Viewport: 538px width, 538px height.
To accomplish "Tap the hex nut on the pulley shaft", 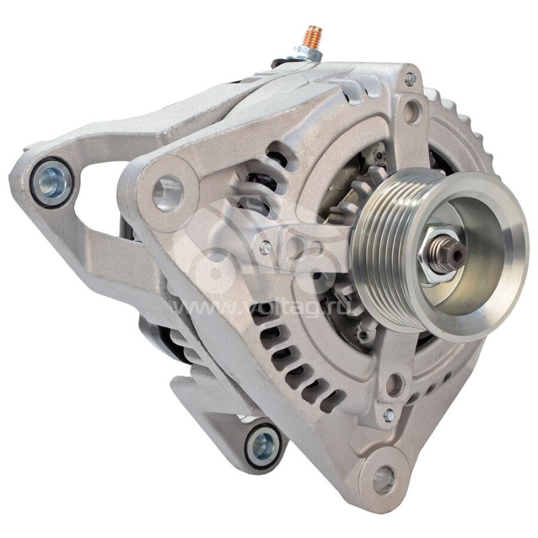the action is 436,255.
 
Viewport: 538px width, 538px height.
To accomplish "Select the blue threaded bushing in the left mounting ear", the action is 52,182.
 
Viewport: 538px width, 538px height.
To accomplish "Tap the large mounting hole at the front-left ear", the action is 167,193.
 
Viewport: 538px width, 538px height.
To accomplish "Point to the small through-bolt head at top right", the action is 410,79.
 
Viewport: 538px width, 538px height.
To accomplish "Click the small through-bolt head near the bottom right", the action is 389,416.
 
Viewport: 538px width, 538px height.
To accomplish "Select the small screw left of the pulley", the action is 266,247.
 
